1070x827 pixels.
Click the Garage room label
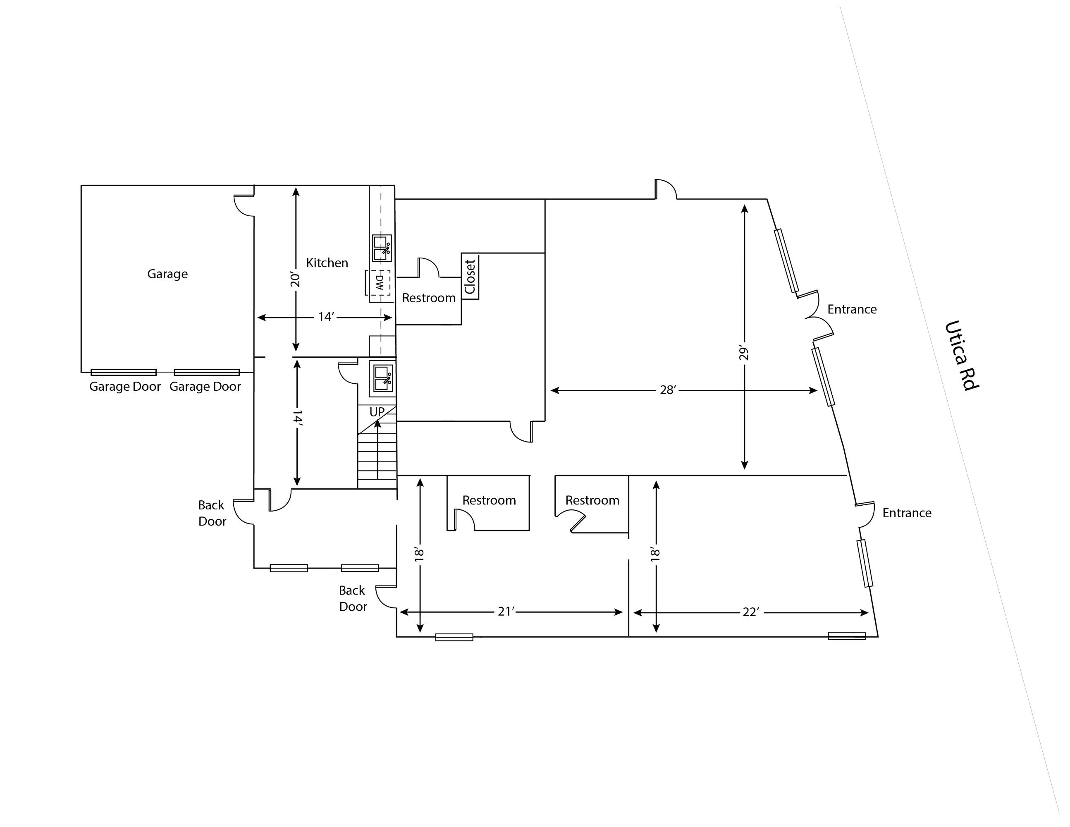coord(167,274)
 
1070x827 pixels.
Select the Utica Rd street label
coord(961,355)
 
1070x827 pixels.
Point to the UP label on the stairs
coord(377,412)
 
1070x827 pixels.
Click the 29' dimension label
coord(744,353)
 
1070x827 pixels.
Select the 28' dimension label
coord(668,390)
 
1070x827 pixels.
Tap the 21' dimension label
coord(506,612)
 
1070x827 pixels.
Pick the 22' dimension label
coord(750,612)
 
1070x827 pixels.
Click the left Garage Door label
coord(125,387)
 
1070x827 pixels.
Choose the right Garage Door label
coord(205,387)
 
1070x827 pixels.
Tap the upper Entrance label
coord(852,309)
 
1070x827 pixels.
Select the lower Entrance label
coord(907,513)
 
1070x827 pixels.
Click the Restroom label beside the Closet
coord(429,298)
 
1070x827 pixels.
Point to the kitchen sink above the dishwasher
coord(382,249)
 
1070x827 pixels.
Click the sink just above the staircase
coord(382,378)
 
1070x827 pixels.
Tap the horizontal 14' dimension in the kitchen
coord(326,317)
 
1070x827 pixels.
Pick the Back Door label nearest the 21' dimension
coord(353,598)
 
